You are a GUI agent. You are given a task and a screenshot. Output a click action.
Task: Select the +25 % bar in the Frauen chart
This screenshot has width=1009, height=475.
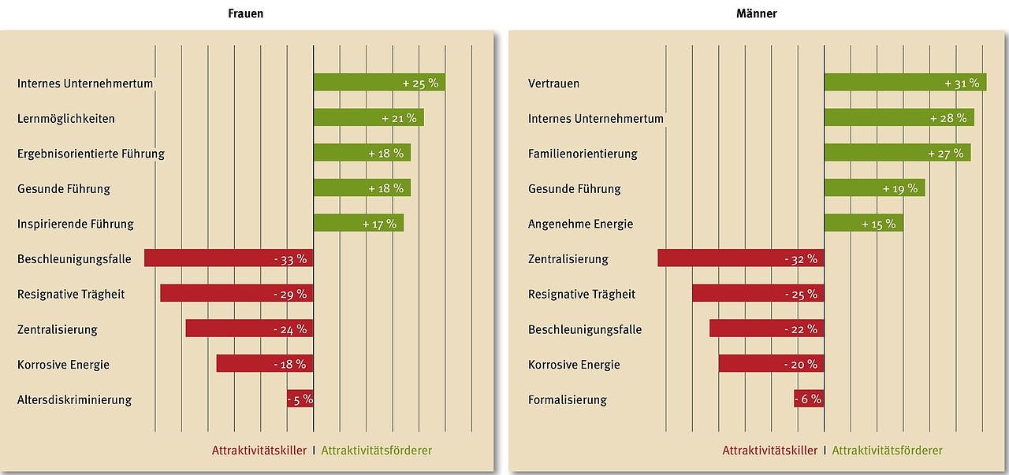[x=378, y=83]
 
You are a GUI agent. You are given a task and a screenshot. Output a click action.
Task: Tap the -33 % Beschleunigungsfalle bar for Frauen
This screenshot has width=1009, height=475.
[x=229, y=258]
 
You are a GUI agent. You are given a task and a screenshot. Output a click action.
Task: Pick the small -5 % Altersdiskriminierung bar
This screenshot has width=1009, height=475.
[x=300, y=399]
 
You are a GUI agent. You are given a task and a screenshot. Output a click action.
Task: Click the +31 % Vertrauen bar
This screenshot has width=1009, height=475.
[x=905, y=83]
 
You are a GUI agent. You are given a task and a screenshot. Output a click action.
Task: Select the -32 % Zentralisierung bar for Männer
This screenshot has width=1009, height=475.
[x=741, y=258]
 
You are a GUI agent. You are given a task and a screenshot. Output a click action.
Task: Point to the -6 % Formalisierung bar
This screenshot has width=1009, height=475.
[x=809, y=399]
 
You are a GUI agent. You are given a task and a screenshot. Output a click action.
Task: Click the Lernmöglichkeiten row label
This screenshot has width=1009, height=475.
[x=66, y=119]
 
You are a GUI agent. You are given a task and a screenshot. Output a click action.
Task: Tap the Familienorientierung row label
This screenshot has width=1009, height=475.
[x=583, y=154]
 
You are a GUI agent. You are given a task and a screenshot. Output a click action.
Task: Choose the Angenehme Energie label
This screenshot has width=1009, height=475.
[x=580, y=224]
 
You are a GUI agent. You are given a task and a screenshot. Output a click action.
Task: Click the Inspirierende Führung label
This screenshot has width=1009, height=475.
[x=76, y=224]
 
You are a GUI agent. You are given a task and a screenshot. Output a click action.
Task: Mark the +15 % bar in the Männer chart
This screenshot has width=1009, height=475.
[x=863, y=224]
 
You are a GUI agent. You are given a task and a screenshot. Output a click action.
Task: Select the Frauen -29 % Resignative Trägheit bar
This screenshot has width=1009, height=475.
[x=236, y=294]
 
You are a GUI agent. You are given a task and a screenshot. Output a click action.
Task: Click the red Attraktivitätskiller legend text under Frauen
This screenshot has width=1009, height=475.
[x=259, y=451]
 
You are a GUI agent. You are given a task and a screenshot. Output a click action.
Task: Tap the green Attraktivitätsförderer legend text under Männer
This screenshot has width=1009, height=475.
[x=887, y=451]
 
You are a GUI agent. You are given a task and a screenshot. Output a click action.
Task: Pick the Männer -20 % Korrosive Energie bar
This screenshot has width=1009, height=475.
[x=771, y=364]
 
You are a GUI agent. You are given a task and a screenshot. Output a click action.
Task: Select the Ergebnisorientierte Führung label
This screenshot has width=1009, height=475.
[x=91, y=154]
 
